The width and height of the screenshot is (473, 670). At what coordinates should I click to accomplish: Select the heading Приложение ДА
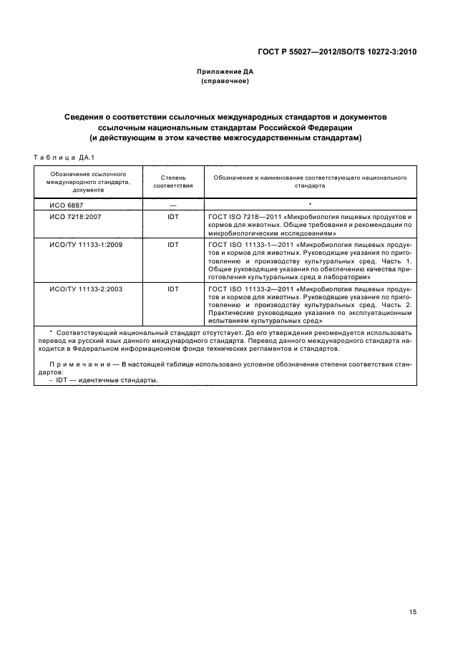click(x=225, y=72)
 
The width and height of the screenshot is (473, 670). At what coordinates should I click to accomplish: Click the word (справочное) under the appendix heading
click(x=225, y=82)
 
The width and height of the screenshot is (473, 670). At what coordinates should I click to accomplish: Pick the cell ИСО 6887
click(x=66, y=204)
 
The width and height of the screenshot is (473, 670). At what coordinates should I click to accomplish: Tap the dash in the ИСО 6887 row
click(x=173, y=204)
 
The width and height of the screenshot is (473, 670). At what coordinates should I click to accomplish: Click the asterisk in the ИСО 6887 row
click(x=310, y=204)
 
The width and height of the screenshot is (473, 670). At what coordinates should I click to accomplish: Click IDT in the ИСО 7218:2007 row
click(x=173, y=215)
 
